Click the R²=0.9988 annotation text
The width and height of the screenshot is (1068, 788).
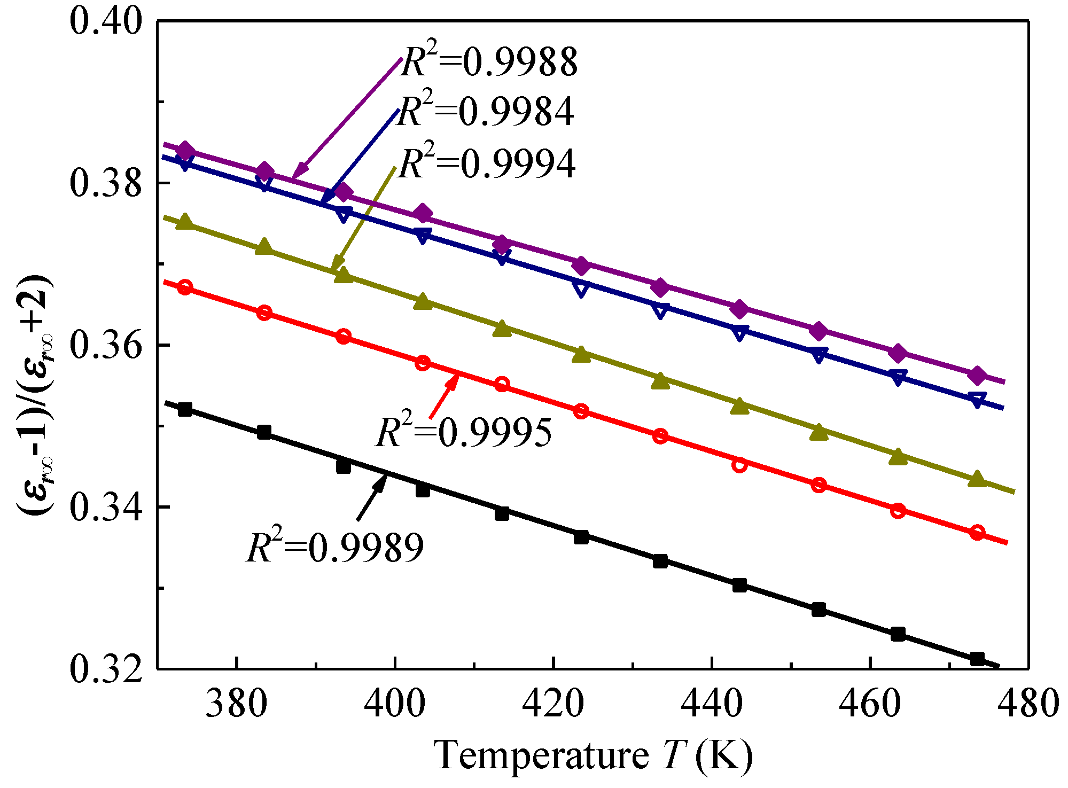pyautogui.click(x=489, y=62)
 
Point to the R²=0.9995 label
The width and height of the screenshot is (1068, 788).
pyautogui.click(x=464, y=432)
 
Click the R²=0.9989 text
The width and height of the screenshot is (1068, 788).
pyautogui.click(x=335, y=547)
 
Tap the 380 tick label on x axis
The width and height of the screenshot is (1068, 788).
pyautogui.click(x=236, y=703)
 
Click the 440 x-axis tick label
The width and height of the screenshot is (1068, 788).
pyautogui.click(x=712, y=703)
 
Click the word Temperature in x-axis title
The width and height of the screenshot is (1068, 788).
pyautogui.click(x=541, y=755)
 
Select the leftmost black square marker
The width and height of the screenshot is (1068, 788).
pyautogui.click(x=185, y=410)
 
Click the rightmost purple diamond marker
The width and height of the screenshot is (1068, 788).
pyautogui.click(x=977, y=375)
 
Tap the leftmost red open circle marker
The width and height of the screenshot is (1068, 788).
pyautogui.click(x=185, y=287)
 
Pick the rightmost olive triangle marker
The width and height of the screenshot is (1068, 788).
pyautogui.click(x=977, y=479)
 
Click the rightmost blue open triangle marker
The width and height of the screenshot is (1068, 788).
pyautogui.click(x=977, y=400)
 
